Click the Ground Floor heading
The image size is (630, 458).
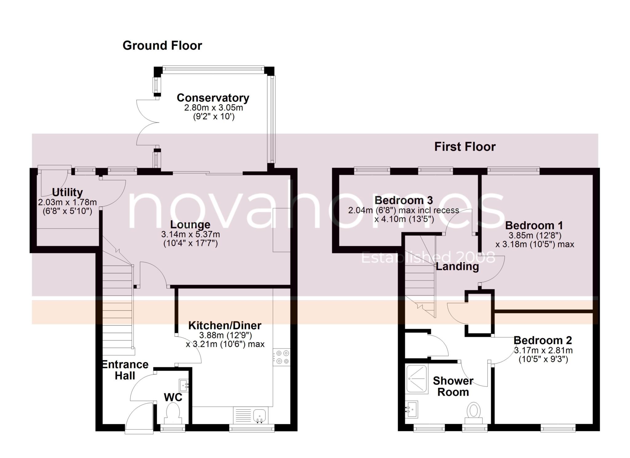coord(162,46)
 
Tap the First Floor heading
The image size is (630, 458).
coord(465,147)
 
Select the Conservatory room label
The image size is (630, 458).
coord(213,98)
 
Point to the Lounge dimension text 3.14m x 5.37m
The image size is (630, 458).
coord(190,234)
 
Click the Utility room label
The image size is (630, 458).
coord(67,193)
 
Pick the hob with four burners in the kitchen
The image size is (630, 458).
coord(282,357)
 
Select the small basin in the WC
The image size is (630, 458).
coord(184,385)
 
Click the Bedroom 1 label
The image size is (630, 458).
coord(534,225)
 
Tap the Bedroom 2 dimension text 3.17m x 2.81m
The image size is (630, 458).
coord(544,350)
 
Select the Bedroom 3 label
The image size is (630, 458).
coord(404,200)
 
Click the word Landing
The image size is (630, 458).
coord(457,266)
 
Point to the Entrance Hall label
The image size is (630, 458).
coord(125,370)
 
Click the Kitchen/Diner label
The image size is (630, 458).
coord(225,325)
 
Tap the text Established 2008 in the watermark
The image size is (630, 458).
coord(428,257)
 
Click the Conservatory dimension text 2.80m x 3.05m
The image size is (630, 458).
coord(213,108)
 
